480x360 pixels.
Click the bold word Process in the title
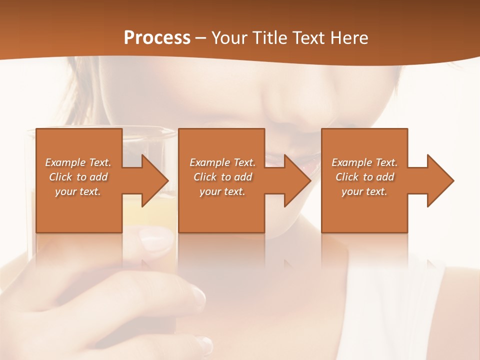click(x=157, y=38)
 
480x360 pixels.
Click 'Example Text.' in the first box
click(x=78, y=162)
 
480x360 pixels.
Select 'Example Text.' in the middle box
click(x=222, y=162)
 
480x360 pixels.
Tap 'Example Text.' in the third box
click(x=364, y=162)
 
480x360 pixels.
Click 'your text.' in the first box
click(x=78, y=191)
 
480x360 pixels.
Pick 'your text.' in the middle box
click(x=222, y=191)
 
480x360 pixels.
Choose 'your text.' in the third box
click(x=364, y=191)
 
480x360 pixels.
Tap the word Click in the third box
click(x=347, y=177)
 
